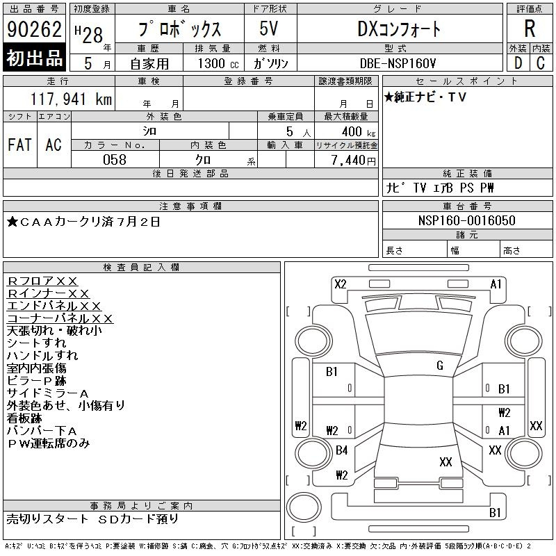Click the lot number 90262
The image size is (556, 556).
pos(34,29)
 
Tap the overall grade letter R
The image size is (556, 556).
pos(530,28)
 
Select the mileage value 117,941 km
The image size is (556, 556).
pos(72,99)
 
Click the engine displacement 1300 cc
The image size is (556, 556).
pos(218,63)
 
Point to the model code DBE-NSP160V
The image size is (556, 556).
pos(398,63)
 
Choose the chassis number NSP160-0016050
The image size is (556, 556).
pos(466,220)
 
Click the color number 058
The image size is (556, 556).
pos(115,160)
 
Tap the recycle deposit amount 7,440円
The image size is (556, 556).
pos(354,161)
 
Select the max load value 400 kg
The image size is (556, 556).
pos(359,131)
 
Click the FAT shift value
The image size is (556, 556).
pos(19,145)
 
